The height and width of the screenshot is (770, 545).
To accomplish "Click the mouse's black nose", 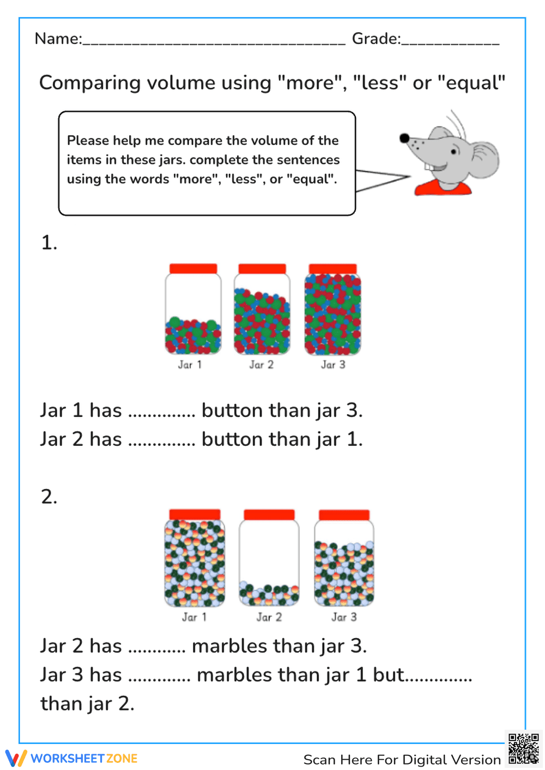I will [x=404, y=138].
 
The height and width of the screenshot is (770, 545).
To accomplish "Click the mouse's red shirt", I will [x=443, y=189].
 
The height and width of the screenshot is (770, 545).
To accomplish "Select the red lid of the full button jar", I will [x=332, y=269].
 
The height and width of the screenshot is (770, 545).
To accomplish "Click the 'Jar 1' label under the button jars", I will [x=190, y=365].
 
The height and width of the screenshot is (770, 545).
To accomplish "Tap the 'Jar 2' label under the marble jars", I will [x=269, y=617].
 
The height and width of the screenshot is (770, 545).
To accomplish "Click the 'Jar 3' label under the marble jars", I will [x=344, y=617].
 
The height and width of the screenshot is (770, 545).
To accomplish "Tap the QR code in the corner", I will [x=523, y=749].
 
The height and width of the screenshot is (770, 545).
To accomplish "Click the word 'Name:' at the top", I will [x=58, y=39].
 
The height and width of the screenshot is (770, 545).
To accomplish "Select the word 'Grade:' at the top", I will [x=376, y=39].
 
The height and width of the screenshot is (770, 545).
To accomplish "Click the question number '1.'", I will [x=49, y=242].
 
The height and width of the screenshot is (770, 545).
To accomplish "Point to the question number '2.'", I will [x=49, y=496].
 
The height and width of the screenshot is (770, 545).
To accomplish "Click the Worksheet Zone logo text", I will [x=84, y=758].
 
